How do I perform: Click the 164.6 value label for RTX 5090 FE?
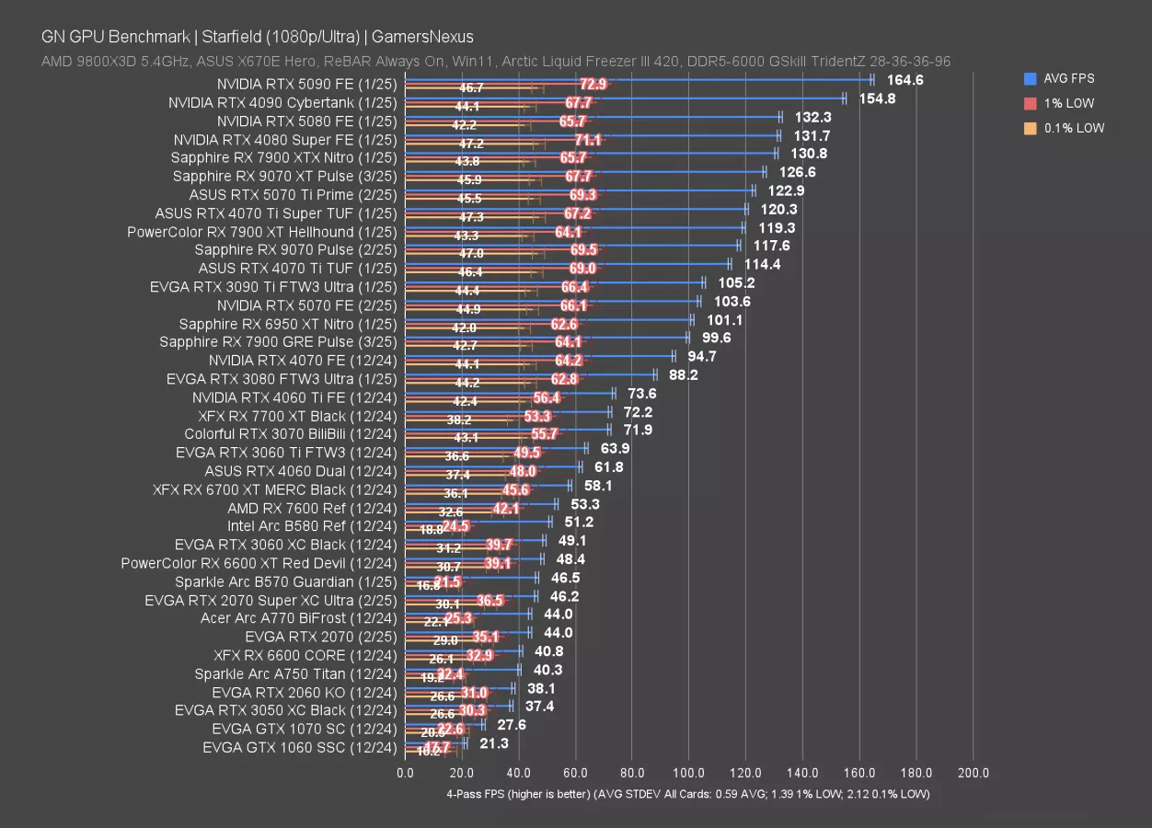click(x=905, y=80)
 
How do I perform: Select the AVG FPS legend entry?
click(x=1068, y=79)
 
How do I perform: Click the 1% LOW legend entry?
click(x=1068, y=104)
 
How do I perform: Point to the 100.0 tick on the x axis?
click(x=689, y=774)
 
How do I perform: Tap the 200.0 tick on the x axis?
click(x=973, y=774)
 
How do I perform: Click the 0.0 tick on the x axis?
click(x=405, y=774)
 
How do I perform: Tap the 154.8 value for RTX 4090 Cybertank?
click(x=877, y=98)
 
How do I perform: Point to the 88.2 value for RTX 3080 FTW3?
click(x=683, y=374)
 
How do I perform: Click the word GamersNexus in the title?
click(x=430, y=37)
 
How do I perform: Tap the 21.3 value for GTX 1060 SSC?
click(x=494, y=743)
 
